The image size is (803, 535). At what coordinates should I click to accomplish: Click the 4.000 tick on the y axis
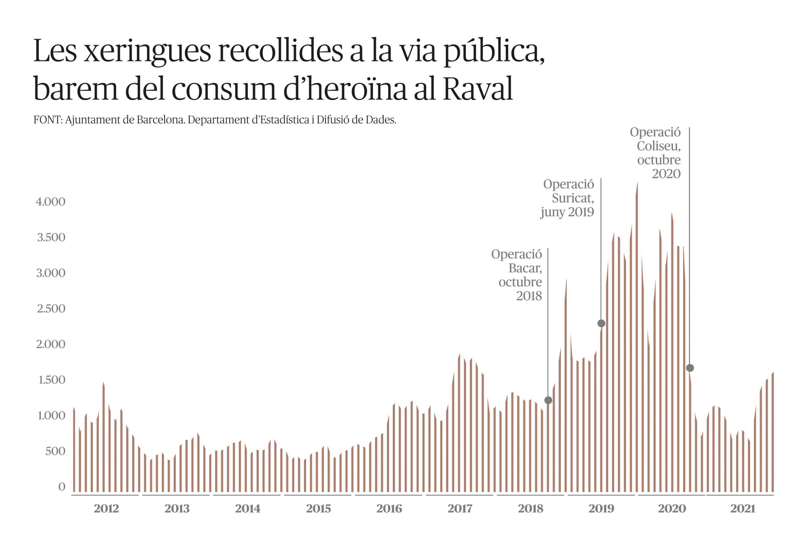51,202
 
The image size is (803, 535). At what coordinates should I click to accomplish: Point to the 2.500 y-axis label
51,309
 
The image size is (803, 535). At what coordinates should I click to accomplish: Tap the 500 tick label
55,451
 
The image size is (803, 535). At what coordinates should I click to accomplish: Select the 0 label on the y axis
61,487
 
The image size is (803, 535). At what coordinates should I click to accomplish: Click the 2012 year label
106,509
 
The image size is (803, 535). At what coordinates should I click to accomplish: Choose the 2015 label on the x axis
318,509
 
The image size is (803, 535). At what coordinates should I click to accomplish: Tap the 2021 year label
742,509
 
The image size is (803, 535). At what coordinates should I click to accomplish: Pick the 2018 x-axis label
530,509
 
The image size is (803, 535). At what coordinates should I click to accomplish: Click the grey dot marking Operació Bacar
548,400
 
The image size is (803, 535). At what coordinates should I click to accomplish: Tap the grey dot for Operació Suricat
601,323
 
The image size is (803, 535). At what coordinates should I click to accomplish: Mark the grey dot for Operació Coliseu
690,368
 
